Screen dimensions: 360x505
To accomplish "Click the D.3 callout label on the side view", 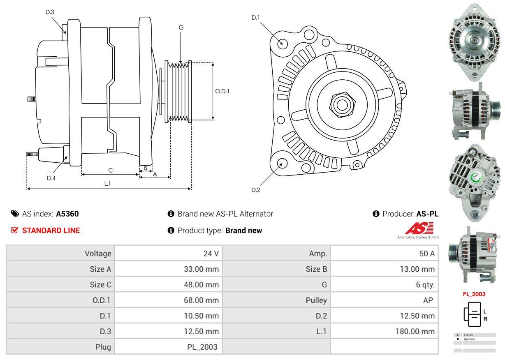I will (x=50, y=12).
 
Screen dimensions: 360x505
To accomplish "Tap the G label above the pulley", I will (x=181, y=28).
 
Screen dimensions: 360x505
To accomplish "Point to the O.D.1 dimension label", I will (x=222, y=91).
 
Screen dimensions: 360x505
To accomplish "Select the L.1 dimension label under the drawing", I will (x=107, y=184).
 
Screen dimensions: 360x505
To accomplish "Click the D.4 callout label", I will (x=51, y=178).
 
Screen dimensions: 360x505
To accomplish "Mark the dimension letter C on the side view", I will (x=110, y=170).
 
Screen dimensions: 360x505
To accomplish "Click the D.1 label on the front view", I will (x=256, y=18).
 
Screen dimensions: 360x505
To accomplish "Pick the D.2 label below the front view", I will (x=256, y=190).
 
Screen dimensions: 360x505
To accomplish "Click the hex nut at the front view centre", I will (x=340, y=104).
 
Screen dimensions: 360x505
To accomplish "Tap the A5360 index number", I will (x=67, y=214).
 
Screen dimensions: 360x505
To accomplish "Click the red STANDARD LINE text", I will (x=51, y=231).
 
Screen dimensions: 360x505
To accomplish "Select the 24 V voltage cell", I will (x=211, y=254).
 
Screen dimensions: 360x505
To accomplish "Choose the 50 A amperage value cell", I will (x=426, y=254).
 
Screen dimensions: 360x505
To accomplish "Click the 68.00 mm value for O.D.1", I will (x=201, y=300).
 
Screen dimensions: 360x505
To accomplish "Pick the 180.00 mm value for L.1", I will (x=415, y=331).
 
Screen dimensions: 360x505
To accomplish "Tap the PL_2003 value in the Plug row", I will (x=202, y=347).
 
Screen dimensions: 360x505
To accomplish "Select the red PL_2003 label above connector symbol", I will (x=474, y=294).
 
